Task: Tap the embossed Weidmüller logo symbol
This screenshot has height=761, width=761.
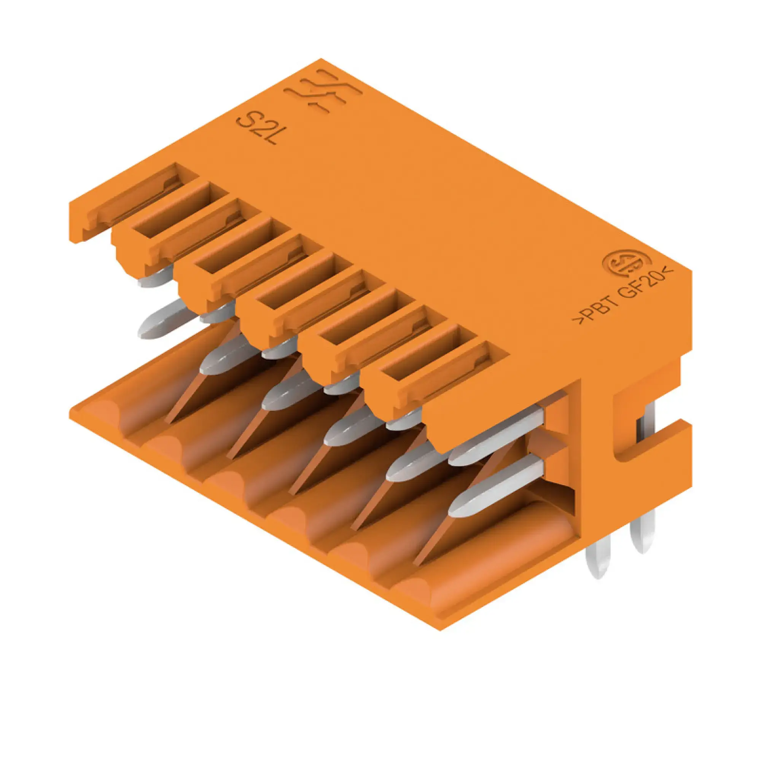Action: (324, 92)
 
